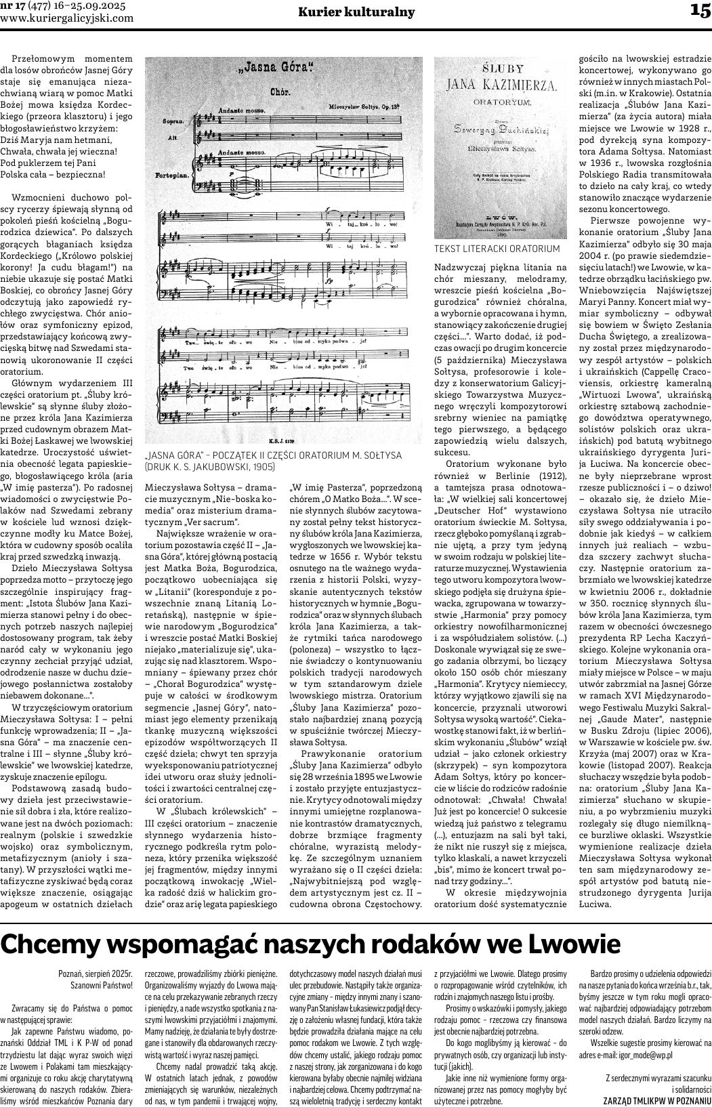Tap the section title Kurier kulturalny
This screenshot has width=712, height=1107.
[356, 12]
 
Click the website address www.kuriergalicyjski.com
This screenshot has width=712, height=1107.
[67, 18]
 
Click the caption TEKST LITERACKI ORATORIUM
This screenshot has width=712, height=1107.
[497, 249]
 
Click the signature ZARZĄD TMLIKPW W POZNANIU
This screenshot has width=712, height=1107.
[657, 1100]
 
